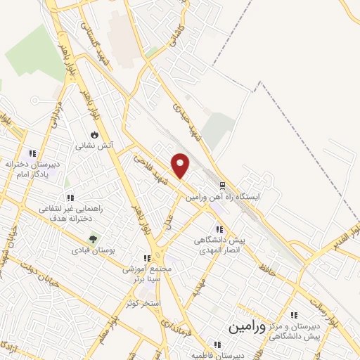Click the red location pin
(x=181, y=165)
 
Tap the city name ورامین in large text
(x=247, y=327)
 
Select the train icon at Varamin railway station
(x=222, y=186)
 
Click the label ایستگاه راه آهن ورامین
(x=223, y=198)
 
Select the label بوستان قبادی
(x=94, y=250)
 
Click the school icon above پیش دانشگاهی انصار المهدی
(x=220, y=229)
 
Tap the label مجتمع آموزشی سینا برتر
(x=147, y=274)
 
